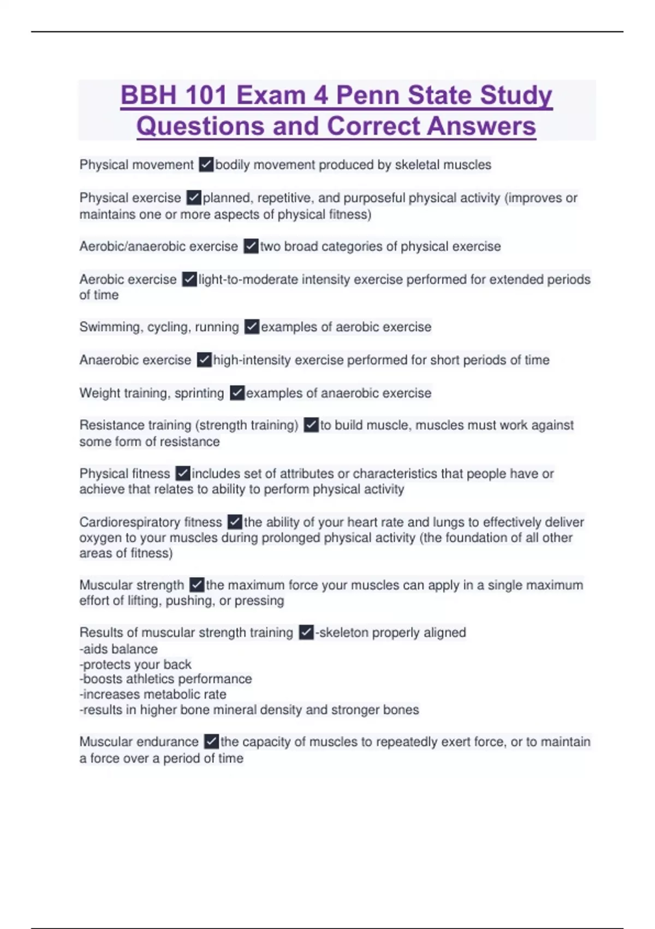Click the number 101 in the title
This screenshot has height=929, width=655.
(204, 95)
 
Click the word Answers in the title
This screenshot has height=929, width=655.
(481, 126)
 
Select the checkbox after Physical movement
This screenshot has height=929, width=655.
(206, 164)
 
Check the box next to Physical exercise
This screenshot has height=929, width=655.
(194, 197)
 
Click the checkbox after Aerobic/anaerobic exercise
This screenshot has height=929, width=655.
(251, 246)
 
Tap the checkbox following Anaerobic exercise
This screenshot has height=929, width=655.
(204, 360)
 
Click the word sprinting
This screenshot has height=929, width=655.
(199, 393)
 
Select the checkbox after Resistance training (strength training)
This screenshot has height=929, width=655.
(311, 425)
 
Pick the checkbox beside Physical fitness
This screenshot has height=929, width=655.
(182, 473)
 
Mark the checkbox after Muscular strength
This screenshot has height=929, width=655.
(196, 585)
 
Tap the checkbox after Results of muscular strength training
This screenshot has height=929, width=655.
(306, 632)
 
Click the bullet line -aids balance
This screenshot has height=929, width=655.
(118, 649)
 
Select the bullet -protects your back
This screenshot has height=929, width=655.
(135, 664)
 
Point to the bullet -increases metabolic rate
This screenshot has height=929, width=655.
(153, 694)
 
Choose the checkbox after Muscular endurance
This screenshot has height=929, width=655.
(211, 742)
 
